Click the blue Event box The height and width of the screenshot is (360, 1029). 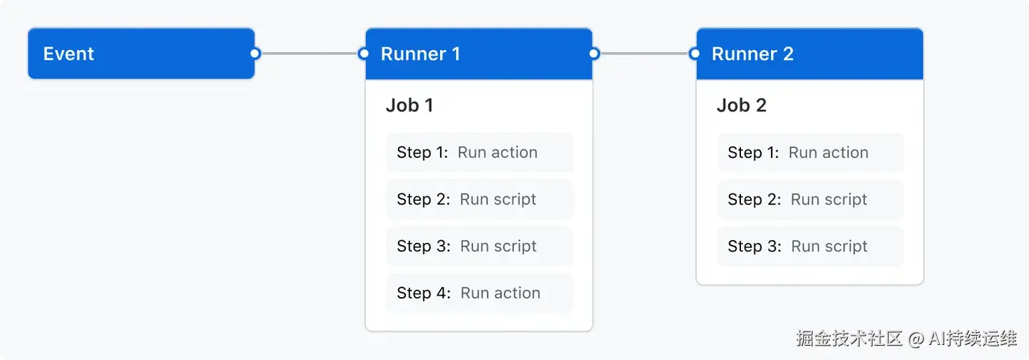click(141, 54)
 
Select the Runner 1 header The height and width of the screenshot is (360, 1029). click(478, 54)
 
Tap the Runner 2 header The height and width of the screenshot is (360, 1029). click(809, 54)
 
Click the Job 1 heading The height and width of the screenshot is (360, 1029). click(409, 106)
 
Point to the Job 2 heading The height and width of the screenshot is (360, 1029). click(741, 106)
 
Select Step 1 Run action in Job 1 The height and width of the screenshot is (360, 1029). click(479, 152)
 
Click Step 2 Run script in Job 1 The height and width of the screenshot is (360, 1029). click(479, 199)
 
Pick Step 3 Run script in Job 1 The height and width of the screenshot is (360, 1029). click(479, 246)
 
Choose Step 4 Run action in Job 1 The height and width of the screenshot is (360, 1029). click(479, 293)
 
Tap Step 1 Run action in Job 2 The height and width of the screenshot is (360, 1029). click(810, 152)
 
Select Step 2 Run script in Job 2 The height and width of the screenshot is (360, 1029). click(810, 199)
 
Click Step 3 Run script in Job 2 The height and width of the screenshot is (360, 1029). click(810, 246)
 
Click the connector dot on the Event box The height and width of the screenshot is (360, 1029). click(255, 54)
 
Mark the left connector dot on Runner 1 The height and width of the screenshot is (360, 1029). click(364, 54)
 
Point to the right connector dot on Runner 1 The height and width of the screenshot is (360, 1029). click(594, 54)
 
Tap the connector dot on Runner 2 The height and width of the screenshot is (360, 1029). click(695, 54)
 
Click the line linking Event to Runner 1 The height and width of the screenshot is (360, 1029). click(309, 54)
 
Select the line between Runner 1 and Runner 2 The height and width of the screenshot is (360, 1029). click(644, 54)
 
